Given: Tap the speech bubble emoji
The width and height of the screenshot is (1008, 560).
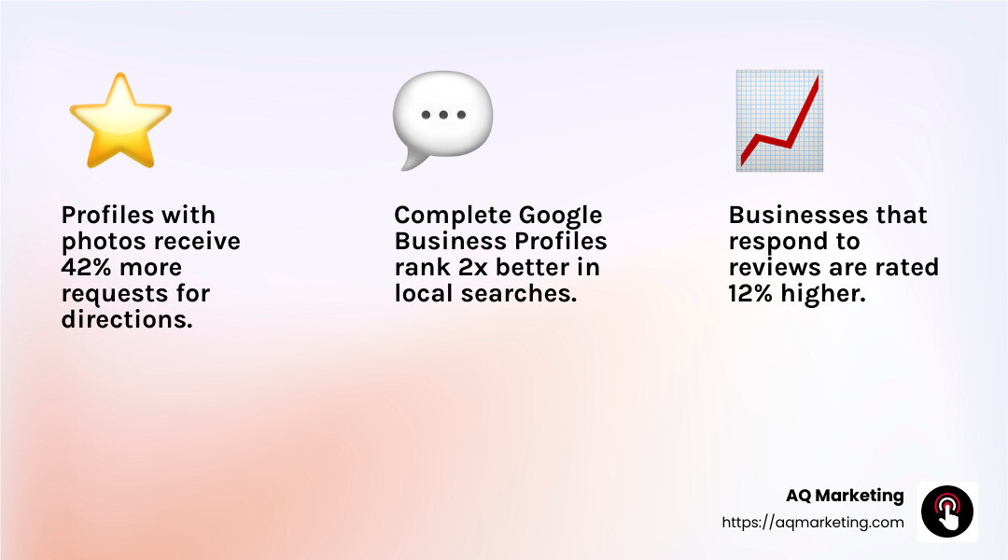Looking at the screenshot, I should click(441, 119).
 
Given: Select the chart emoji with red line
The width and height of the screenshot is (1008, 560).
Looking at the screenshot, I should click(778, 120).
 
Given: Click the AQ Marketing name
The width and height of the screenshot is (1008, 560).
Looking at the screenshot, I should click(846, 496).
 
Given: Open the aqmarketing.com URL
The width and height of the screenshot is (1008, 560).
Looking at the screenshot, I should click(813, 523).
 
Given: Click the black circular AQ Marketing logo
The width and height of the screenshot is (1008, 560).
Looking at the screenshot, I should click(947, 511).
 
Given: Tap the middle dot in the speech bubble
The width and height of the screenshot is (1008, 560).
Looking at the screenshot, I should click(443, 116).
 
